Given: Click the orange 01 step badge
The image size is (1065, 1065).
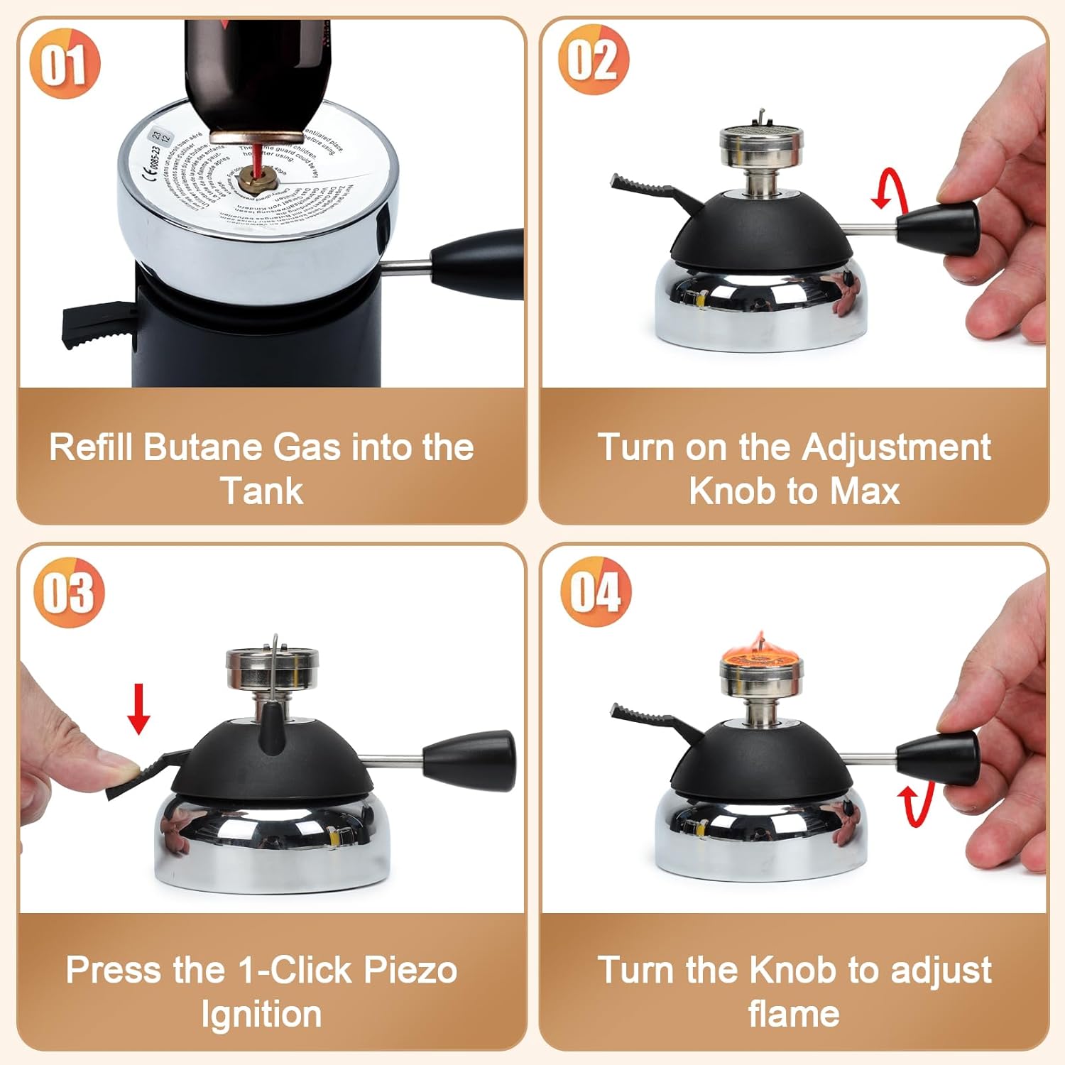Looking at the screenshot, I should point(65,64).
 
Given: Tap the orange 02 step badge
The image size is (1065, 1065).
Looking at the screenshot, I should point(593,60).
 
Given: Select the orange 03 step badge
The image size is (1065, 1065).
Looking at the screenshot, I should point(69,592).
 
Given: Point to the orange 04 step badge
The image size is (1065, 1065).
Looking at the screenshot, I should point(596,591).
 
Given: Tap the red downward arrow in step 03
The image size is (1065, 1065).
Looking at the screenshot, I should point(138,709).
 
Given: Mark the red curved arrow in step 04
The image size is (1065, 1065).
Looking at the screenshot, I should point(912,806).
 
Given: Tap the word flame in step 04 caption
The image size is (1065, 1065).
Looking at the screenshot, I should point(793,1014).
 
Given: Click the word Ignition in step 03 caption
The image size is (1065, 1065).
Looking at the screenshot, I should point(261,1014).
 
